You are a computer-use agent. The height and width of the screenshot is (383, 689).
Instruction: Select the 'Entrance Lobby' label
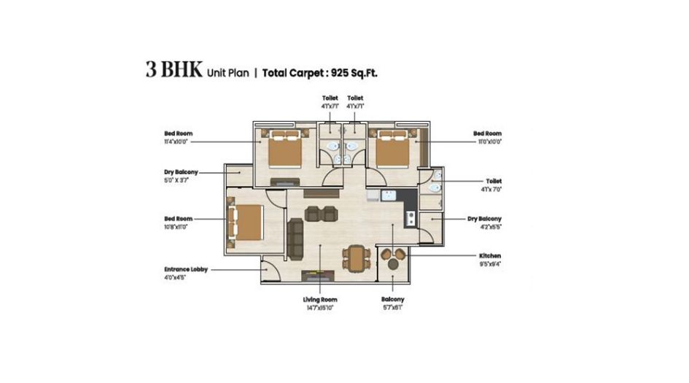[185, 269]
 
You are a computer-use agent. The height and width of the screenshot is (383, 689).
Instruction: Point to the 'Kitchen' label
[489, 256]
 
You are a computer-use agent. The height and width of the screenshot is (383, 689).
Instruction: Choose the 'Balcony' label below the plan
[392, 300]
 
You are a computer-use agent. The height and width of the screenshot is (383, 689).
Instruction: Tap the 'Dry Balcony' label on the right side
[484, 219]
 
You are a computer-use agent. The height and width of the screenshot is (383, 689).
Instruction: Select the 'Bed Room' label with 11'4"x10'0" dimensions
[179, 134]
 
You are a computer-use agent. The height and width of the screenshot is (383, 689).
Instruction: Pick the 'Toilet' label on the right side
[494, 181]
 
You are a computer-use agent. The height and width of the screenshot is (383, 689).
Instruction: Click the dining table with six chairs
[355, 256]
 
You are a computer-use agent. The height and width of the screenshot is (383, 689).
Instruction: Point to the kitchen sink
[389, 196]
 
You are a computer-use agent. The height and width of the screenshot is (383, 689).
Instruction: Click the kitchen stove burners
[410, 217]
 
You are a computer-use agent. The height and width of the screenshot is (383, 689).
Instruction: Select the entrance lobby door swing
[269, 269]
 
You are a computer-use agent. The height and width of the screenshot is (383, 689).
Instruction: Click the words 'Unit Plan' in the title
[228, 73]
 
